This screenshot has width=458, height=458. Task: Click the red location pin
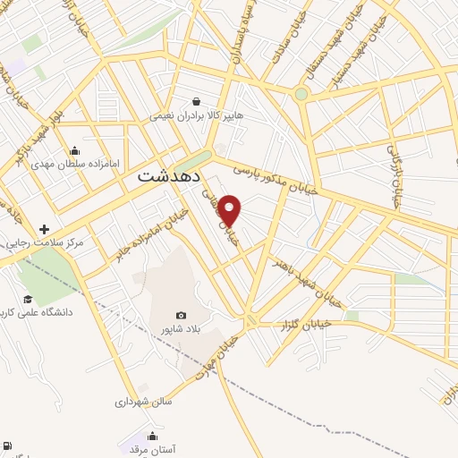[x=231, y=210]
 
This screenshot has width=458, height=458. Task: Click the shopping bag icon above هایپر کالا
[x=196, y=101]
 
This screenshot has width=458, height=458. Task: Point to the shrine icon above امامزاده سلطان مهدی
[x=74, y=149]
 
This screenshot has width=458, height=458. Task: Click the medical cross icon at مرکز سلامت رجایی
[x=44, y=229]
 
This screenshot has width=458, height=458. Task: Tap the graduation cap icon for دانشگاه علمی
[x=29, y=299]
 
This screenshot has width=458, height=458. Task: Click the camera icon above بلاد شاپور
[x=182, y=315]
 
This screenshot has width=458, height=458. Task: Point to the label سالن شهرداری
[x=142, y=402]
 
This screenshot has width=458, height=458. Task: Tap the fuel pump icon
[x=7, y=445]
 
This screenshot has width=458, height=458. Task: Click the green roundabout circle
[x=301, y=93]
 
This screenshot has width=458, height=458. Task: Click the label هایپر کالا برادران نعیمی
[x=196, y=115]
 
